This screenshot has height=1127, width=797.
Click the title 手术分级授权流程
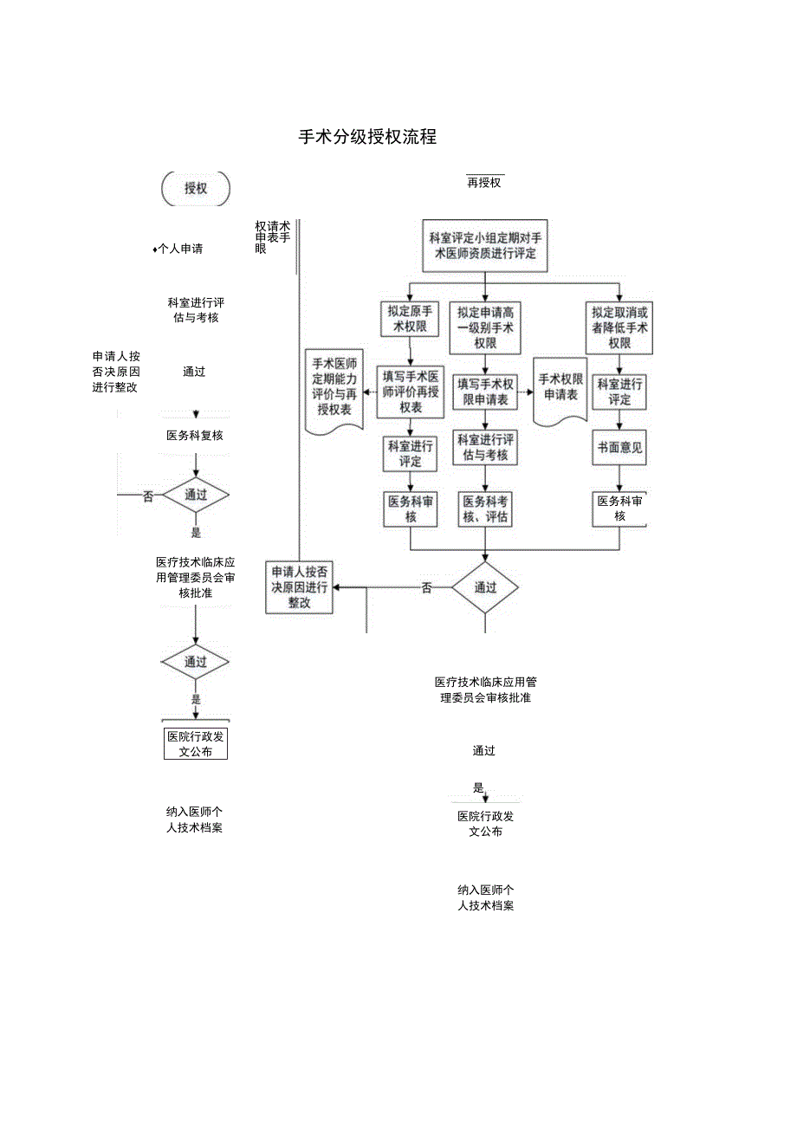coord(367,137)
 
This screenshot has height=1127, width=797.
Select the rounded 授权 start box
coord(196,189)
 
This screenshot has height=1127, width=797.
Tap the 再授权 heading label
coord(484,183)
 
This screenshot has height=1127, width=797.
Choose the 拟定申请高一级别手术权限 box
coord(485,327)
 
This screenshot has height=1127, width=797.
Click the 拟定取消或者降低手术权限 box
coord(619,327)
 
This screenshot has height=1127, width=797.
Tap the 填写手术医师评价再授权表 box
coord(411,392)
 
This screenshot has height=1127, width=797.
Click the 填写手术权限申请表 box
coord(485,392)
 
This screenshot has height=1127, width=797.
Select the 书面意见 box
coord(619,449)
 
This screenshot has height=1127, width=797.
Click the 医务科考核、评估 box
coord(485,509)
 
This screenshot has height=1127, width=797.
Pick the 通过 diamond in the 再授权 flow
coord(485,587)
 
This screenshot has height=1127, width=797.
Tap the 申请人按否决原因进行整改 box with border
coord(300,587)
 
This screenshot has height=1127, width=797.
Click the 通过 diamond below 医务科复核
coord(195,495)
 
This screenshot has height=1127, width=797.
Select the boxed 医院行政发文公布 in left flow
coord(196,744)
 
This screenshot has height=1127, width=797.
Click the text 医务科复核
coord(195,436)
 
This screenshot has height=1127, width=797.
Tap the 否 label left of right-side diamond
coord(427,588)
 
